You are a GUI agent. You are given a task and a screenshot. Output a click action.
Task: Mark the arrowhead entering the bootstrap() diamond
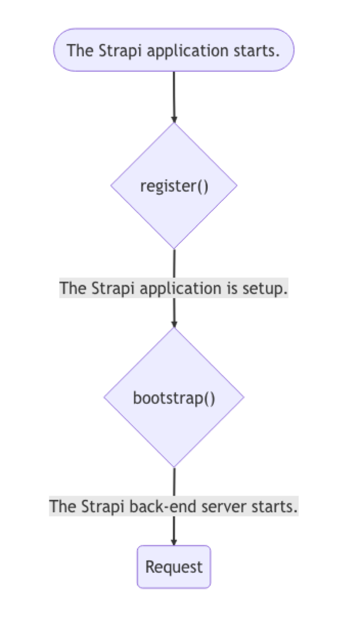click(x=174, y=324)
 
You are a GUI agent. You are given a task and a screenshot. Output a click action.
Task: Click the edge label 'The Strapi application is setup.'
click(x=174, y=288)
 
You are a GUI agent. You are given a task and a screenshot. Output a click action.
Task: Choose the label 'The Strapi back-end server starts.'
click(x=174, y=506)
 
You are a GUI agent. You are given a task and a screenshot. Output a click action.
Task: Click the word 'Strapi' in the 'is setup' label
click(x=113, y=288)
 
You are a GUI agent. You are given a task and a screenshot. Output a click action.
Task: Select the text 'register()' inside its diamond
click(x=174, y=186)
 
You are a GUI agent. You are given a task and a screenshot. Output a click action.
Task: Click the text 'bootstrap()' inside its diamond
click(x=174, y=398)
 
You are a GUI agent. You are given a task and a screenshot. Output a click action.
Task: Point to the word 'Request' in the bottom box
click(x=174, y=567)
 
